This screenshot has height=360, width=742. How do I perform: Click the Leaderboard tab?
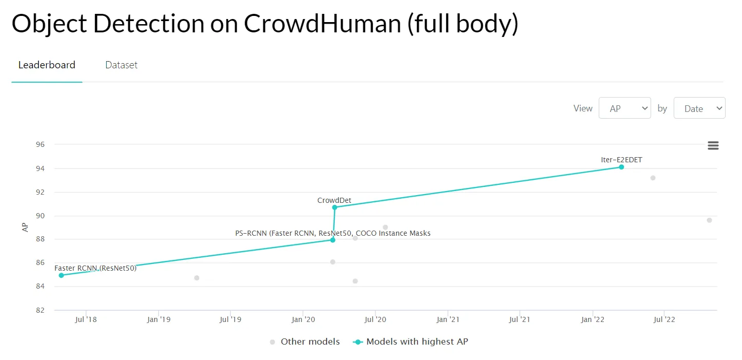pos(47,65)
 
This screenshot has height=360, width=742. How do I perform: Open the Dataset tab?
pos(121,65)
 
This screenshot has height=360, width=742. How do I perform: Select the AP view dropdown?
pos(624,108)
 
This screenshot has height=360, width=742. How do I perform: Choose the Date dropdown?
pos(699,108)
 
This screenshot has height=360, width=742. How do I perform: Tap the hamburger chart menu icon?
pos(713,145)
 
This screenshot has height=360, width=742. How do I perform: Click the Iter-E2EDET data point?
pos(621,167)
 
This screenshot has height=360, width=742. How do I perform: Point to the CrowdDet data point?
pos(334,207)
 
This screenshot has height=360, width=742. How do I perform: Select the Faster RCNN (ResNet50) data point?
pos(62,275)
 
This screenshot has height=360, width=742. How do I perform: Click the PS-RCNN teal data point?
pos(333,240)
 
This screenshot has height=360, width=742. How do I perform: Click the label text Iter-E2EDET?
pos(621,160)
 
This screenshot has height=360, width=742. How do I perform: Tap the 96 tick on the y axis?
pos(40,145)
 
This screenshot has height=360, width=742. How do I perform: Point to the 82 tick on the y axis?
pos(40,310)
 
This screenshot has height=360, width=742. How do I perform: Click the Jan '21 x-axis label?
pos(448,320)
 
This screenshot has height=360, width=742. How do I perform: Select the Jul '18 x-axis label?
pos(86,320)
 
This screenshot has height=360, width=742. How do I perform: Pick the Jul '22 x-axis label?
pos(664,320)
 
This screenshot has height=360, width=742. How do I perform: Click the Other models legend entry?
pos(310,342)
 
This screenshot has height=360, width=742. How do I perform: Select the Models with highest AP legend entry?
pos(416,342)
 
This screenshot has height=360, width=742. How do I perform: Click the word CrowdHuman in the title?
pos(322,24)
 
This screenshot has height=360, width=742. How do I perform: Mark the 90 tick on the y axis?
pos(40,216)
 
